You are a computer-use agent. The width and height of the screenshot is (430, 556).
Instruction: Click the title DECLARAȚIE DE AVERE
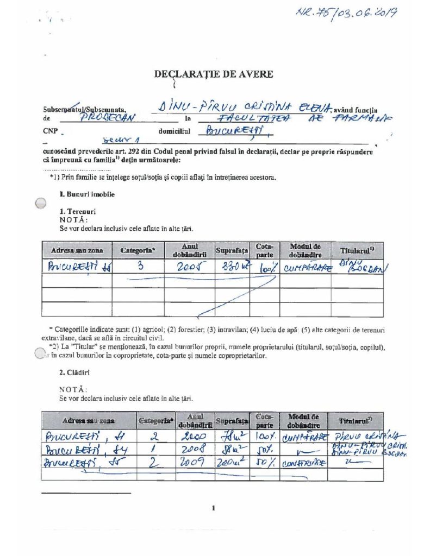pos(213,74)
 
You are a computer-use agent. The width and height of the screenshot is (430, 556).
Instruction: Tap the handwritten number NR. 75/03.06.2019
pos(345,12)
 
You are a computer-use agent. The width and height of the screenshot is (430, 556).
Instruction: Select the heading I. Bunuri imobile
pos(87,194)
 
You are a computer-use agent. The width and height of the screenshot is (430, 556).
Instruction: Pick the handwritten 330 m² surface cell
pos(232,267)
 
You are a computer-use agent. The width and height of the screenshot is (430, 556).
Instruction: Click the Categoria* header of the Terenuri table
pos(138,250)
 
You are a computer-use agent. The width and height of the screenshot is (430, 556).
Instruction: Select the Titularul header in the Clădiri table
pos(355,421)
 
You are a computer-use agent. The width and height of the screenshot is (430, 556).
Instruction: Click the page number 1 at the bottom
pos(214,508)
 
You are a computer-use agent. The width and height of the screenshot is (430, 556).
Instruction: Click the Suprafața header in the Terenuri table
pos(232,250)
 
